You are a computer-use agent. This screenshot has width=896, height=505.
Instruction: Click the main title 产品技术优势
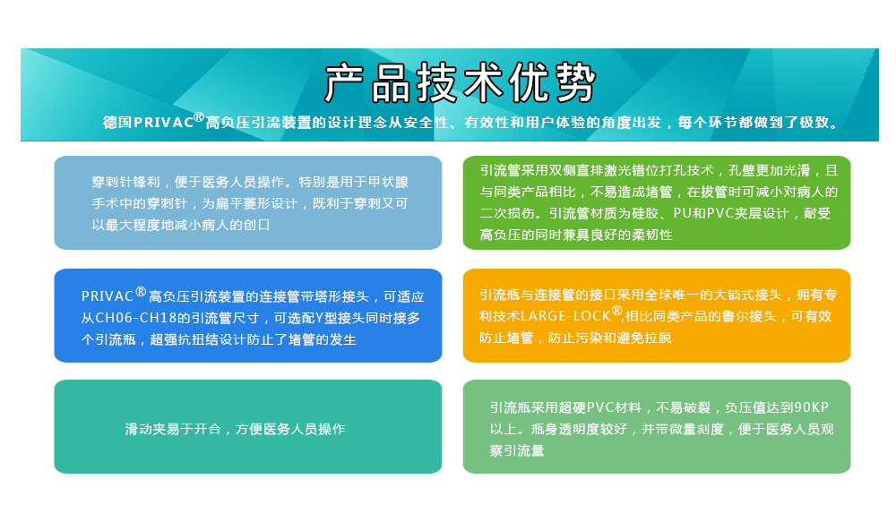point(461,83)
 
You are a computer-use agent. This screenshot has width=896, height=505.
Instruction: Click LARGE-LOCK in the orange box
point(565,316)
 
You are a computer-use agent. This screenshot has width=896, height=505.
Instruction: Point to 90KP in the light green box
point(812,407)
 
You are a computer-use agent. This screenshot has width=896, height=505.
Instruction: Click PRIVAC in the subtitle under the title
point(163,123)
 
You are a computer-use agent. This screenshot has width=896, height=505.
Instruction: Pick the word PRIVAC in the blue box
point(107,296)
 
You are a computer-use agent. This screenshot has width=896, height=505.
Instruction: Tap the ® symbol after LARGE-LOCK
point(616,312)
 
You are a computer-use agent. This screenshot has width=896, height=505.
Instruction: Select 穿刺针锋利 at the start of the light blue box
point(125,183)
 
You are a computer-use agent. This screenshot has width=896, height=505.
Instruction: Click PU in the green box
point(682,214)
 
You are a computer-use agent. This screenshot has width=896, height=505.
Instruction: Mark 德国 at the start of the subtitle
point(117,123)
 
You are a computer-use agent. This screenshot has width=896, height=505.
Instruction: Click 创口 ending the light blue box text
point(257,225)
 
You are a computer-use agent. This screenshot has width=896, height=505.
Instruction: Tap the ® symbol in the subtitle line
point(199,117)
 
